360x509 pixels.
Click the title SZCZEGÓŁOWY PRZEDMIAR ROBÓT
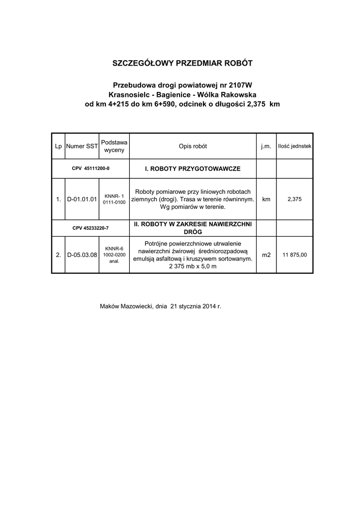pyautogui.click(x=182, y=64)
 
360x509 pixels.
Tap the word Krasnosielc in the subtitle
pyautogui.click(x=127, y=94)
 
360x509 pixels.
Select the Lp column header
pyautogui.click(x=58, y=147)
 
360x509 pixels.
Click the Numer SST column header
pyautogui.click(x=82, y=147)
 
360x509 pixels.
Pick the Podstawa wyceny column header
pyautogui.click(x=114, y=146)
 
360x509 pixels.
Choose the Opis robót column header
pyautogui.click(x=192, y=147)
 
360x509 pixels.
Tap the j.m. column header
pyautogui.click(x=266, y=147)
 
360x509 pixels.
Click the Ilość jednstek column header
pyautogui.click(x=294, y=147)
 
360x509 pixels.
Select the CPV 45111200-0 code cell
pyautogui.click(x=90, y=169)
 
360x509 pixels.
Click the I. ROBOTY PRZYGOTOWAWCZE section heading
pyautogui.click(x=192, y=169)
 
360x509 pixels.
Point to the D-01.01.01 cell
pyautogui.click(x=82, y=199)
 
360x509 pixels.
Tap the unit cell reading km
pyautogui.click(x=266, y=199)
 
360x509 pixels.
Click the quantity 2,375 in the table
pyautogui.click(x=294, y=199)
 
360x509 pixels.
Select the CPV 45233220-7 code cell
pyautogui.click(x=90, y=228)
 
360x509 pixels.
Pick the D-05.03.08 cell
pyautogui.click(x=82, y=255)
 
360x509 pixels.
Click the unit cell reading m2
pyautogui.click(x=266, y=255)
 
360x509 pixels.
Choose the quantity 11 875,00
pyautogui.click(x=294, y=255)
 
